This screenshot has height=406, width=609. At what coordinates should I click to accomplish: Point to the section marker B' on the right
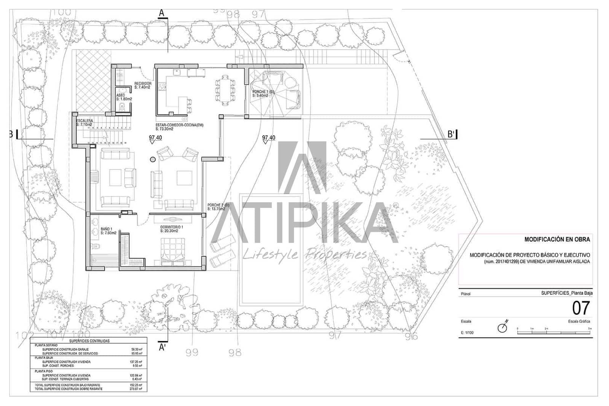[451, 134]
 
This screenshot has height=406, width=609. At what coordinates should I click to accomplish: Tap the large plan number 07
[581, 308]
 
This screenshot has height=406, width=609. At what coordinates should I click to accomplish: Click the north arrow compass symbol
[503, 327]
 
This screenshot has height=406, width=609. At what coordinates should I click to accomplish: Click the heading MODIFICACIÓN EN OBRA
[557, 240]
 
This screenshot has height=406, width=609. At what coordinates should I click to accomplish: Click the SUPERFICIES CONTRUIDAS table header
[89, 341]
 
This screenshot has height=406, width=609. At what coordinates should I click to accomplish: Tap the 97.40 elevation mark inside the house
[155, 138]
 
